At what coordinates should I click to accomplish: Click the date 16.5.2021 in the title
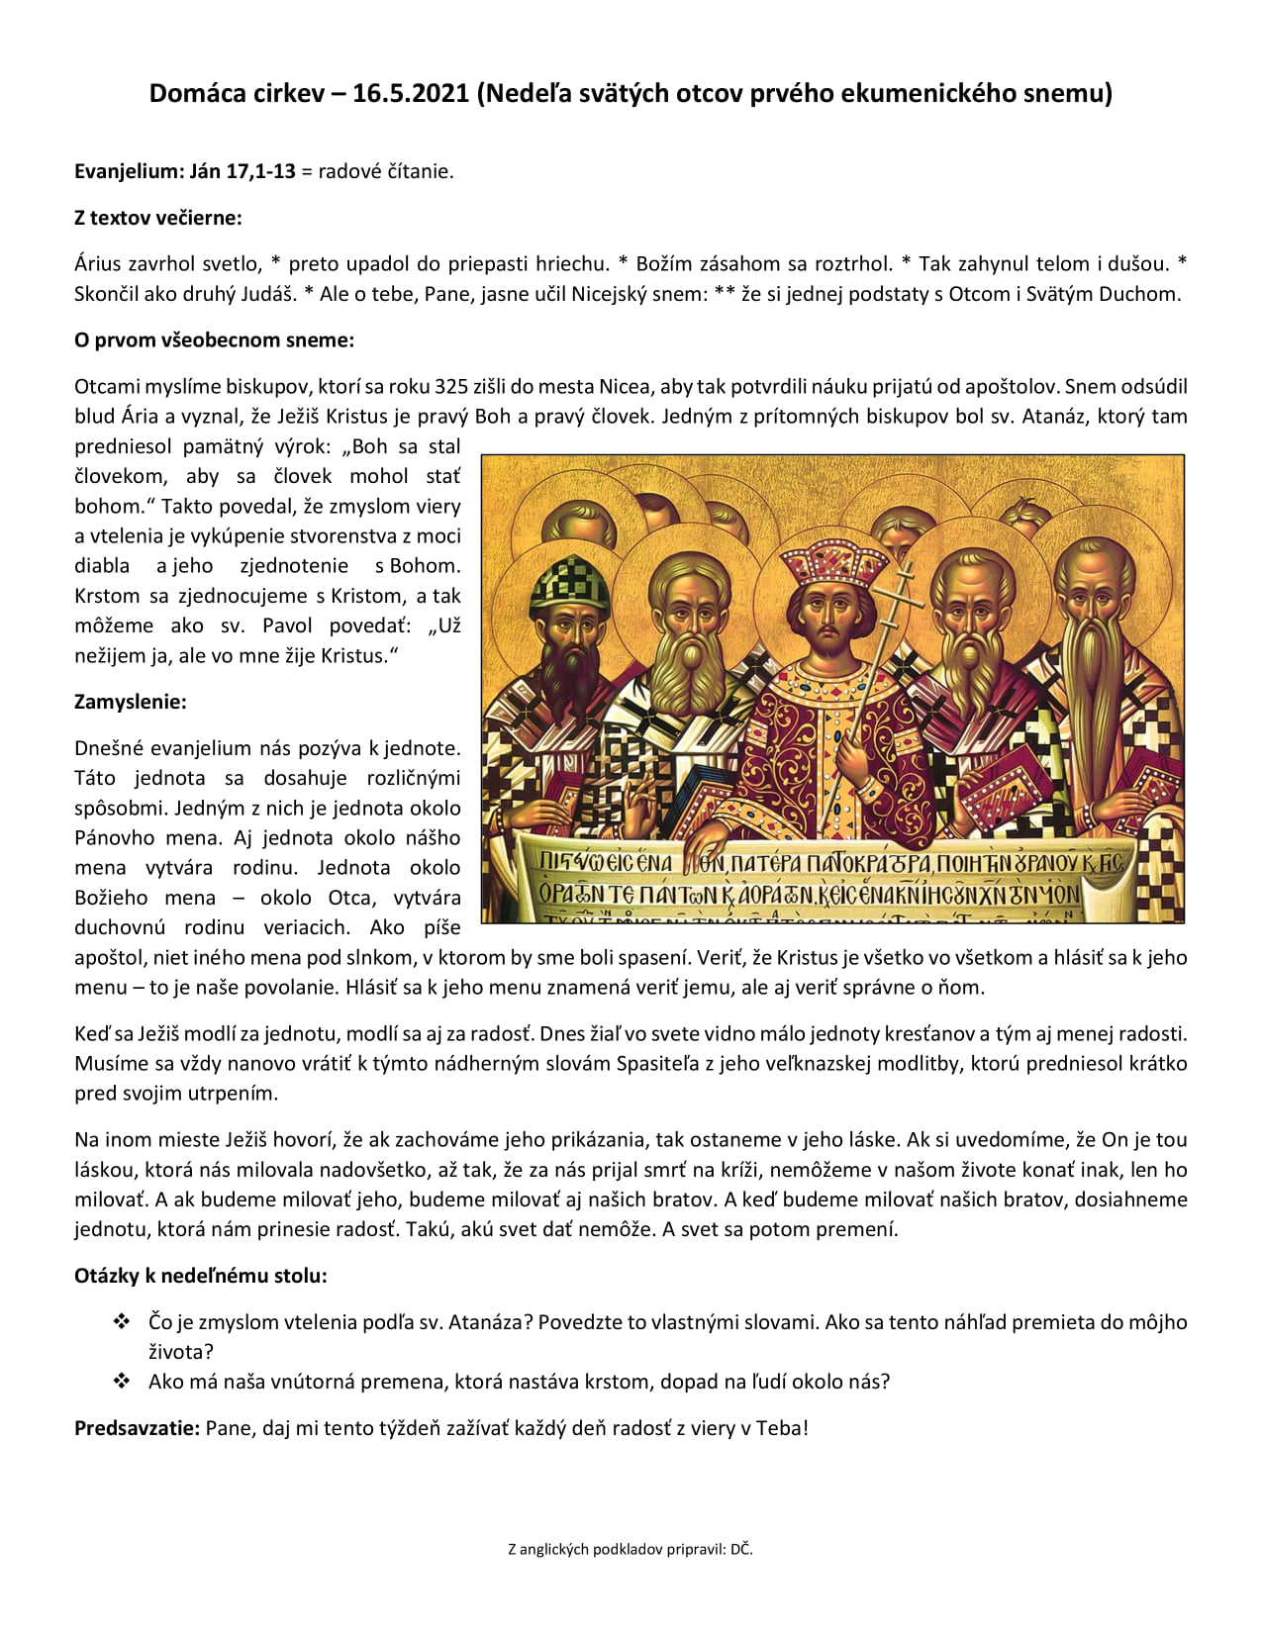(x=410, y=93)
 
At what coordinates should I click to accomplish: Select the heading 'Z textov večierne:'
(x=158, y=218)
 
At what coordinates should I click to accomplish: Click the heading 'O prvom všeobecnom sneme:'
(x=214, y=340)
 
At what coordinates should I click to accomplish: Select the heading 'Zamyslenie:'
(x=131, y=703)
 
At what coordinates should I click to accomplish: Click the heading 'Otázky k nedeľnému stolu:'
(x=201, y=1276)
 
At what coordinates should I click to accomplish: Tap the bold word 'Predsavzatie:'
(x=137, y=1428)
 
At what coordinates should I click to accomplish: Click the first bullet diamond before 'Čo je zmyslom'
(x=122, y=1322)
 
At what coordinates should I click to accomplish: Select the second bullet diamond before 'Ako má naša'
(x=122, y=1382)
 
